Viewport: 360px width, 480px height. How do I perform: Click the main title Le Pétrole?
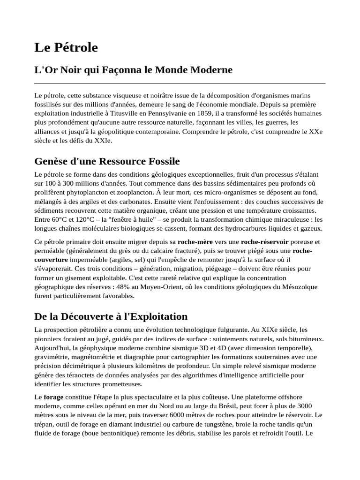click(x=66, y=47)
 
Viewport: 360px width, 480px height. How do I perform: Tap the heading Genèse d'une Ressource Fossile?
click(x=107, y=161)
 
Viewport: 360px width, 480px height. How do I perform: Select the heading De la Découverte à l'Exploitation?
click(x=111, y=316)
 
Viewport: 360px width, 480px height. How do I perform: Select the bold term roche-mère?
click(x=195, y=242)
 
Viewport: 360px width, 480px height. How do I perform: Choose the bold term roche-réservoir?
click(x=264, y=242)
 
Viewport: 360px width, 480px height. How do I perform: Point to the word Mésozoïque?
click(x=299, y=287)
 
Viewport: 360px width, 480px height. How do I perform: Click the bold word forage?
click(x=53, y=397)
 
